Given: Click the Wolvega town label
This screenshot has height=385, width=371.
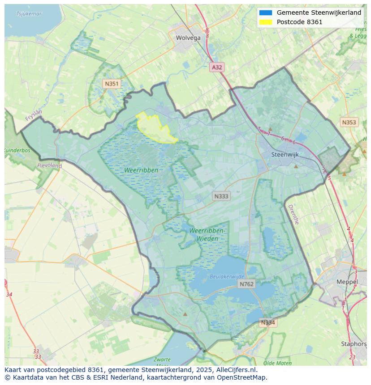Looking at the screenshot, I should [188, 38].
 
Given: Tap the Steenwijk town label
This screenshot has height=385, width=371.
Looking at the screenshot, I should [285, 155].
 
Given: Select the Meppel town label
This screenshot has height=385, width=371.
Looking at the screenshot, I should [347, 282].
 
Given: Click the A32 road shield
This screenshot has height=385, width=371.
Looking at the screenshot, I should [217, 67].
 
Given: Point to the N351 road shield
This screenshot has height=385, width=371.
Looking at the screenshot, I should [112, 84].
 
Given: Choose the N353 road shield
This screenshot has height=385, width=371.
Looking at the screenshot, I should [349, 122].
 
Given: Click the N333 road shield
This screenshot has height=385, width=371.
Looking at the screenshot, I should [221, 196].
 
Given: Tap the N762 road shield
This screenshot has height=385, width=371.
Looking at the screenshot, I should [246, 284].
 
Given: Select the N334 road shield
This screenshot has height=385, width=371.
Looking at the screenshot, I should [268, 322].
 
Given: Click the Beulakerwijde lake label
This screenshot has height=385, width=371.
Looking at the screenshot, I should [227, 277].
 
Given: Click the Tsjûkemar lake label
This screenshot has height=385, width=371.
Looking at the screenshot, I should [29, 14].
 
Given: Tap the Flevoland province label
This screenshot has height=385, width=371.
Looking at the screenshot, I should [49, 165].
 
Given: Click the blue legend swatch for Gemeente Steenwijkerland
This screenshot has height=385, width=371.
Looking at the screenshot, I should [265, 13].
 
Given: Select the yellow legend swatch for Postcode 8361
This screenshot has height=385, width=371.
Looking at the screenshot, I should [265, 22].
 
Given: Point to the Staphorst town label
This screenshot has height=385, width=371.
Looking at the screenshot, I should [354, 344].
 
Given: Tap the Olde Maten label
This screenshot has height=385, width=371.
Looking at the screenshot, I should [277, 363].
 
